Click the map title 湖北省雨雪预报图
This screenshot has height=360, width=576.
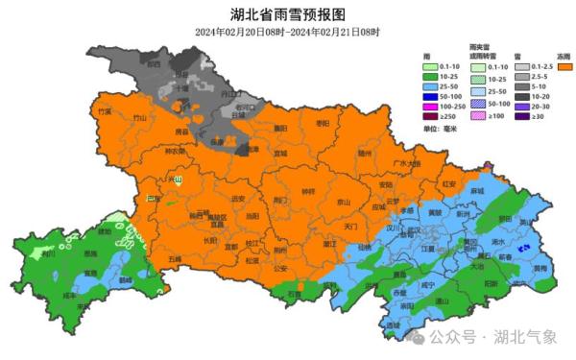pos(287,14)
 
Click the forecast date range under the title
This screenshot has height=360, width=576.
pos(287,32)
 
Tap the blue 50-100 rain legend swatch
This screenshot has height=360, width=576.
pos(432,97)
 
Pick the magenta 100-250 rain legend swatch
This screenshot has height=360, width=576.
pos(432,108)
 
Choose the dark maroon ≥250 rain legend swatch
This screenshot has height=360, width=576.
pos(432,118)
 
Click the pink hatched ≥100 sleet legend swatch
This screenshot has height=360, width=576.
pos(477,118)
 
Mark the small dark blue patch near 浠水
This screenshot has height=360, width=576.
pos(522,248)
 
